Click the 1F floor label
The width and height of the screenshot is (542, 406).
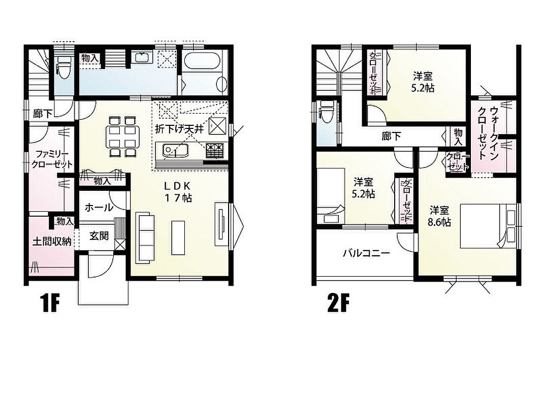(50, 303)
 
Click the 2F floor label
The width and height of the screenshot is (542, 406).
(339, 303)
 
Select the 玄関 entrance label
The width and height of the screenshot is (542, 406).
(99, 236)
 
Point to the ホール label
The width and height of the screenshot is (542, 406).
(99, 208)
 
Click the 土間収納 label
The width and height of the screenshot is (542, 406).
(52, 242)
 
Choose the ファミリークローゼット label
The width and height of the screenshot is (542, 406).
(52, 159)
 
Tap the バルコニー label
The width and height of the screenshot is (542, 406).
(366, 253)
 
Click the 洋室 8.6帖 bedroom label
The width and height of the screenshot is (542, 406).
(439, 216)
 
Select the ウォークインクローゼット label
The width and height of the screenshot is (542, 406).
(488, 132)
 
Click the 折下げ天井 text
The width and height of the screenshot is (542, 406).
(179, 129)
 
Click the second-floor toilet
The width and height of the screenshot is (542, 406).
(327, 112)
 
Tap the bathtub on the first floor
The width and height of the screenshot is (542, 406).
(202, 61)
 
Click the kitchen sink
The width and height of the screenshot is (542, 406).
(176, 151)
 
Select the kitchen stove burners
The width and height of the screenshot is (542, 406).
(215, 151)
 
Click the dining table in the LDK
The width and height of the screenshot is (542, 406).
(122, 136)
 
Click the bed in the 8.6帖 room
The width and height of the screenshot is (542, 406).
(489, 226)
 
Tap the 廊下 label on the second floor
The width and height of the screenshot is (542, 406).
(391, 137)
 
